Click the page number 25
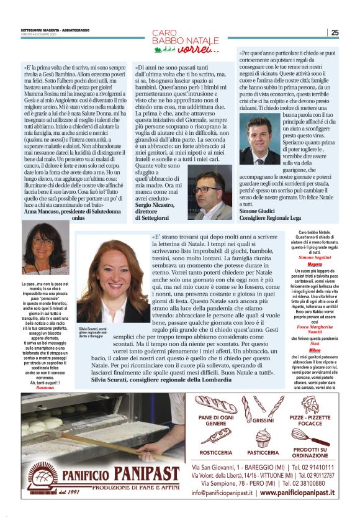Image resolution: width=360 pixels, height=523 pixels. [x=335, y=33]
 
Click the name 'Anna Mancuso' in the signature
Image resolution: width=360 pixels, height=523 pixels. [x=42, y=212]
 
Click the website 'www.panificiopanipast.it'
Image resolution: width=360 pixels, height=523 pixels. [x=297, y=493]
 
